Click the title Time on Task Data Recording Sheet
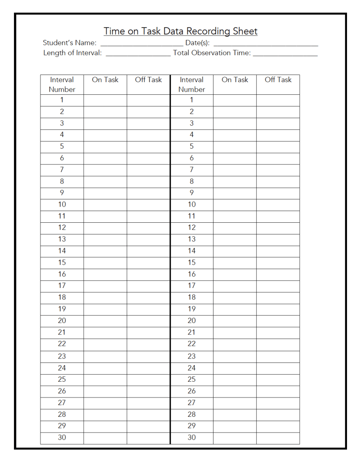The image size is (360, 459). click(x=180, y=31)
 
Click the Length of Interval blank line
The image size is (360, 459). click(x=138, y=54)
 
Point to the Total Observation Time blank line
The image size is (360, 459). click(x=285, y=54)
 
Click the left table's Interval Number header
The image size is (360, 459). click(x=62, y=84)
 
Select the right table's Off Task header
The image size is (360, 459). click(x=278, y=80)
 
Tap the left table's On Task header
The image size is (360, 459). click(x=105, y=80)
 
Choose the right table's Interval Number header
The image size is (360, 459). click(x=191, y=84)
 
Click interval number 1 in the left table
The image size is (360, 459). click(x=62, y=100)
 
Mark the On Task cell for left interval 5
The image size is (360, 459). click(x=105, y=147)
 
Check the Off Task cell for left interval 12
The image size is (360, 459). click(x=148, y=228)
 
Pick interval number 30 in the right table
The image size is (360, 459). click(x=191, y=438)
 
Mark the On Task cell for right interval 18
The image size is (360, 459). click(x=235, y=298)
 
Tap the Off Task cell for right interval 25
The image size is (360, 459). click(x=278, y=380)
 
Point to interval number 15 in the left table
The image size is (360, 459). click(x=62, y=263)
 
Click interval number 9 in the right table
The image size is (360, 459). click(x=191, y=193)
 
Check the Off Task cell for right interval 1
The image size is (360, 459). click(x=278, y=100)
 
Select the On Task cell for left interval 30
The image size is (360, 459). click(x=105, y=438)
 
